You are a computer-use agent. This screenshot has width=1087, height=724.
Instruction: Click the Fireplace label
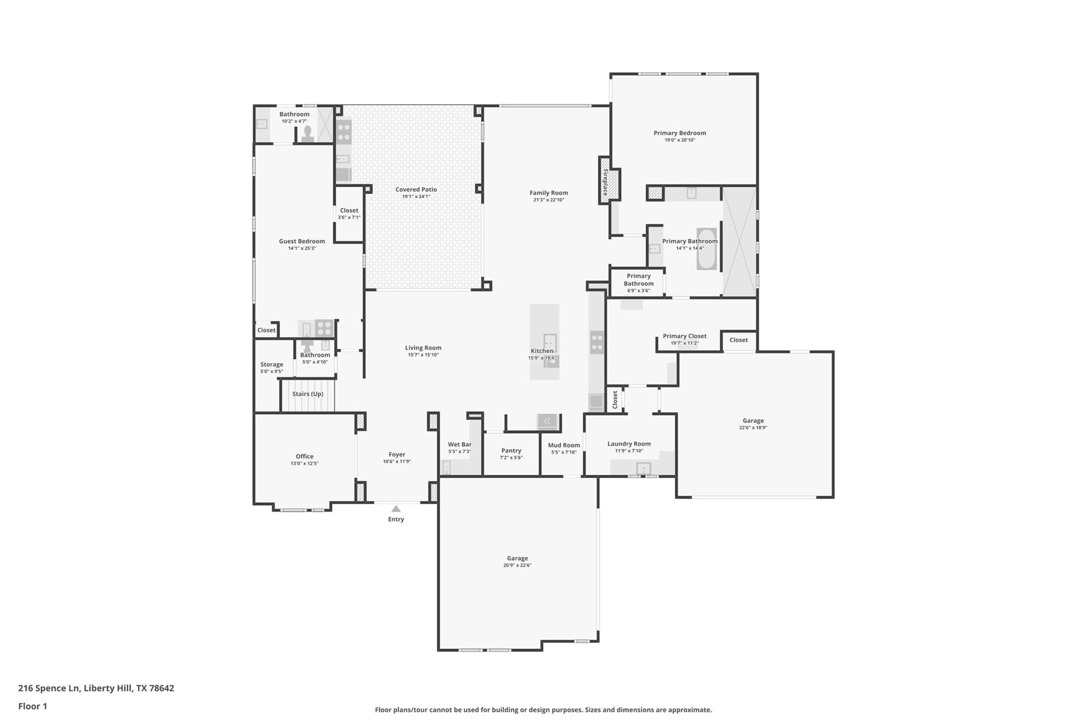coord(605,182)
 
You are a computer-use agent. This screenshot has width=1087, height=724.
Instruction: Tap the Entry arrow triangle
coord(396,509)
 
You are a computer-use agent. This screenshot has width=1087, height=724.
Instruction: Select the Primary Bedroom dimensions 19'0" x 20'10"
coord(680,140)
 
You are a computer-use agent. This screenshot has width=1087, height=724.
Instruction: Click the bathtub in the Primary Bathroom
coord(706,249)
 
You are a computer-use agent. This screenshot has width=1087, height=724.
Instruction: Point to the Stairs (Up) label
coord(308,394)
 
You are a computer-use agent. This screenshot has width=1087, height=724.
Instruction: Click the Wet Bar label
coord(460,444)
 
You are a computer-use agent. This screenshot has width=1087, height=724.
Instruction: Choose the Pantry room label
coord(511,450)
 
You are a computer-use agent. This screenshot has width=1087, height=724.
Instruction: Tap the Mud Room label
coord(564,445)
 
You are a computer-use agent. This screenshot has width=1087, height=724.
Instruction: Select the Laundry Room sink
coord(643,468)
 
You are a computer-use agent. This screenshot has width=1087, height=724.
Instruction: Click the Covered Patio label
coord(416,189)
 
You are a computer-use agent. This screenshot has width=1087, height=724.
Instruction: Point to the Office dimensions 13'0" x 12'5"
coord(305,464)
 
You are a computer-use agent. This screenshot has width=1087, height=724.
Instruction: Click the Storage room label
coord(271,364)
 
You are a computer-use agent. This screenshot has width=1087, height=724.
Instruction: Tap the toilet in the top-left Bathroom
coord(307,134)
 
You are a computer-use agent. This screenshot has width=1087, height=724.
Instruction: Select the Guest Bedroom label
coord(302,241)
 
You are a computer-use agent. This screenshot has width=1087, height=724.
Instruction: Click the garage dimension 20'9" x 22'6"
coord(517,565)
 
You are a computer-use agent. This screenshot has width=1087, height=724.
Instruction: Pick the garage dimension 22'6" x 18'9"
coord(753,428)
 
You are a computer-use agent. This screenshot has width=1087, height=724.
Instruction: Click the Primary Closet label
coord(685,336)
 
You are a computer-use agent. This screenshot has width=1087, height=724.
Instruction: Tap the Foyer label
coord(397,454)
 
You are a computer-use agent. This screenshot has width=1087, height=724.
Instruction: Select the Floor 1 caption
coord(33,706)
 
